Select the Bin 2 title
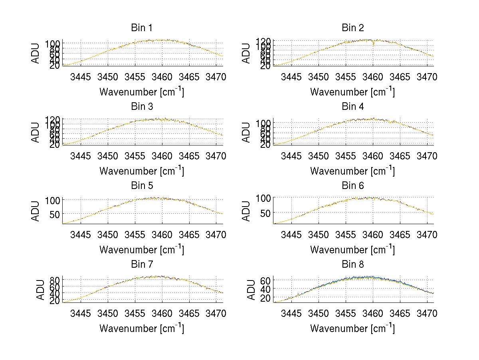(x=352, y=28)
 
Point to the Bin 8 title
(x=352, y=265)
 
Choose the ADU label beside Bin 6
(x=247, y=211)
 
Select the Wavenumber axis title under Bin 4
(x=352, y=171)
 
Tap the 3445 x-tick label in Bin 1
(x=81, y=77)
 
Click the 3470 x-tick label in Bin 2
(x=427, y=77)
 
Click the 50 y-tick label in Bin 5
(x=55, y=214)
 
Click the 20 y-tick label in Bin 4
(x=265, y=145)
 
